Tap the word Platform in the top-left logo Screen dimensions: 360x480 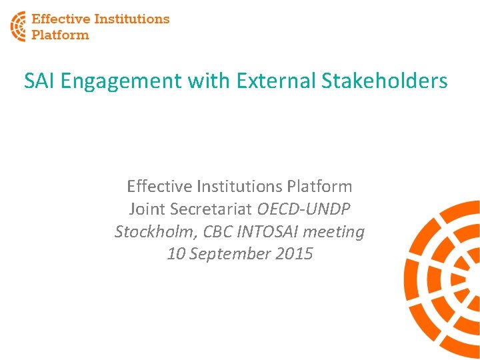60,35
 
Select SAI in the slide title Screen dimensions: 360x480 38,81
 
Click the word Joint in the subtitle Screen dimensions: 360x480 147,209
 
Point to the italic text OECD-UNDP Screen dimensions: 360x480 305,209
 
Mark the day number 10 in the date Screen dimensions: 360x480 176,254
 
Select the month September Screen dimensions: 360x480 234,254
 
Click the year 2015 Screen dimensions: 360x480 296,254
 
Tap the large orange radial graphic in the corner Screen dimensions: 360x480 443,280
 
